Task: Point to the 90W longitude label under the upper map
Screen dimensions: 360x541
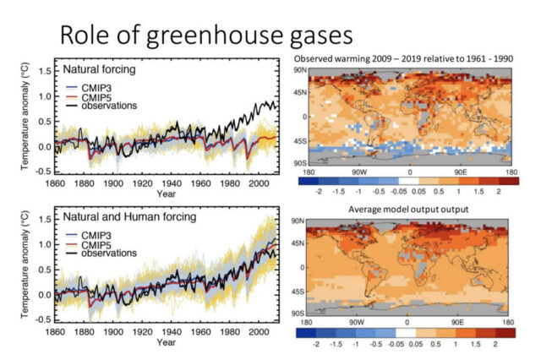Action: [356, 171]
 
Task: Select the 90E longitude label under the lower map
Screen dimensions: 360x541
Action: [462, 322]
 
